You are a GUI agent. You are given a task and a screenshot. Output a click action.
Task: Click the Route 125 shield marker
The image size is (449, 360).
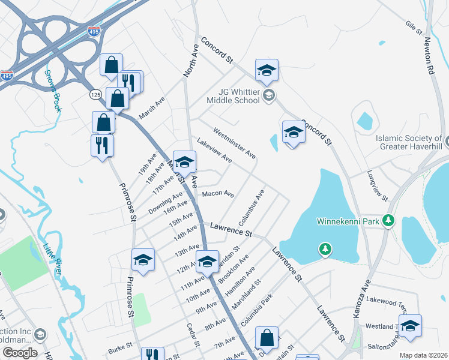click(x=96, y=95)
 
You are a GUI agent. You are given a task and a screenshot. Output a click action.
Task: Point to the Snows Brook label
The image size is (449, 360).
click(x=53, y=85)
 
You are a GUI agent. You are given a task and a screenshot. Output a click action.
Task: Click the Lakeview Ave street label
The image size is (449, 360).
click(x=214, y=150)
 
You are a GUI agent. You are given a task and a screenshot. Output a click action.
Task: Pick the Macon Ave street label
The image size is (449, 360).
click(x=218, y=194)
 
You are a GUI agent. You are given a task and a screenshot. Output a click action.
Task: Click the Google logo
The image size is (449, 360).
click(x=19, y=353)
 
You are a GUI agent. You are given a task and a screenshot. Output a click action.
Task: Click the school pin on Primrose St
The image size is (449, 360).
click(x=143, y=261)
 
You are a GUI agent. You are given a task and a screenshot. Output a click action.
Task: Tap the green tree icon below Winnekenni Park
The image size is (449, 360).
click(x=325, y=248)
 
